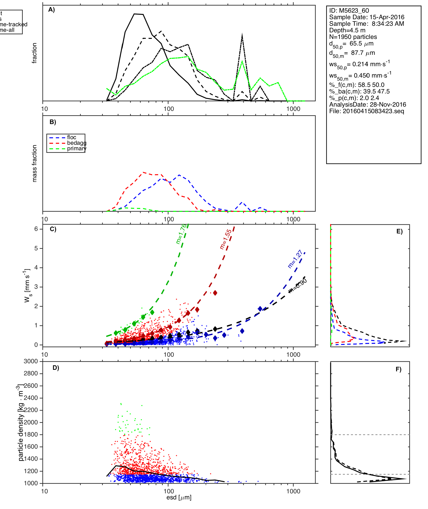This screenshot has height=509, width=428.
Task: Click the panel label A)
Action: [x=52, y=10]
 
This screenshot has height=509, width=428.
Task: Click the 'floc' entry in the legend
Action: [x=72, y=137]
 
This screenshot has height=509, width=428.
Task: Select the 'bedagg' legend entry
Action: [x=77, y=143]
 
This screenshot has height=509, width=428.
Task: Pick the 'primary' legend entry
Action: [x=77, y=149]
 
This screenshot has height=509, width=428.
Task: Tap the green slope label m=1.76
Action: [x=181, y=234]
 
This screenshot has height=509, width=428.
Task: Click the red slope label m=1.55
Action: [x=226, y=239]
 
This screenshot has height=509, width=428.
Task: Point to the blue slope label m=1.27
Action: [x=295, y=259]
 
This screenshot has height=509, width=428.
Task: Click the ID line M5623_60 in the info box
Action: [x=349, y=11]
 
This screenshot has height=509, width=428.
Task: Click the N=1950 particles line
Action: [x=353, y=37]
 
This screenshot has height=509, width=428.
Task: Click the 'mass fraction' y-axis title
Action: [x=35, y=163]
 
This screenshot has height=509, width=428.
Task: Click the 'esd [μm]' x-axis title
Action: [x=179, y=497]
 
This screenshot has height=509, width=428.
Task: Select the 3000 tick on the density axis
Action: [x=31, y=361]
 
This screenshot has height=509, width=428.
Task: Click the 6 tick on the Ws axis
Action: [x=36, y=229]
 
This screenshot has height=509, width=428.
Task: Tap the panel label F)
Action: [x=398, y=370]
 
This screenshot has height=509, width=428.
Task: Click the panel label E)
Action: [x=399, y=231]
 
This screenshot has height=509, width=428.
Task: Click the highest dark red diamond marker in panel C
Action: [x=215, y=293]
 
